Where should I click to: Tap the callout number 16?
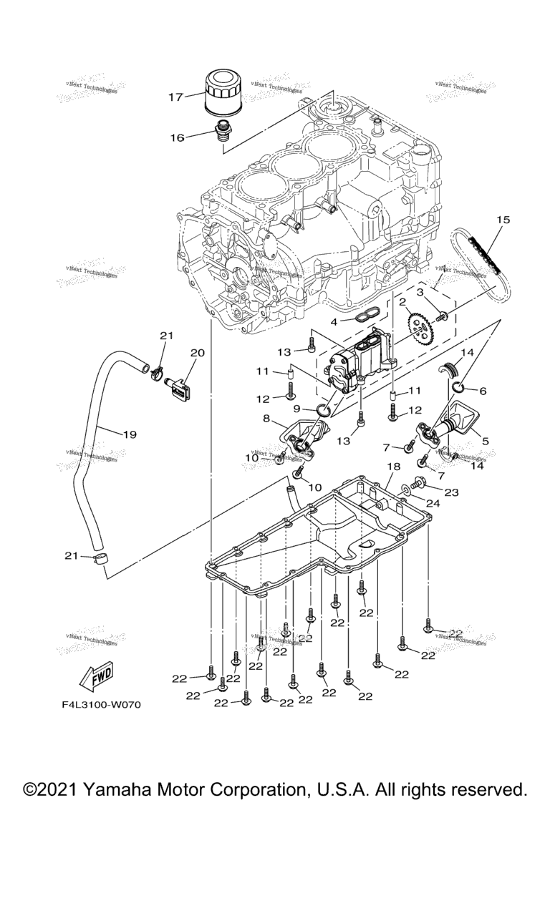pyautogui.click(x=177, y=137)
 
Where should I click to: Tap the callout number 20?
pyautogui.click(x=198, y=353)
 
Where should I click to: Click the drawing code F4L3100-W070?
pyautogui.click(x=101, y=705)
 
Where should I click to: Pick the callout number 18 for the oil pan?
pyautogui.click(x=393, y=467)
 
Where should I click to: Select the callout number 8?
pyautogui.click(x=267, y=419)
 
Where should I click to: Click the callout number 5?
pyautogui.click(x=486, y=442)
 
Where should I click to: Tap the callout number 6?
pyautogui.click(x=482, y=391)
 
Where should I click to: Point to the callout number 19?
pyautogui.click(x=129, y=434)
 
